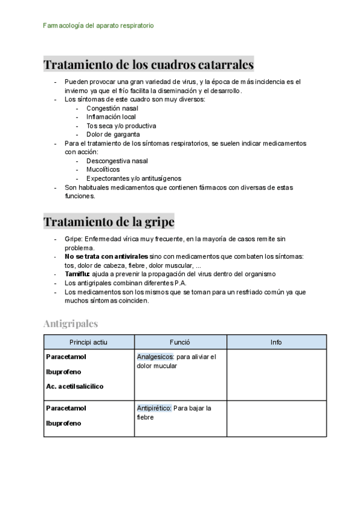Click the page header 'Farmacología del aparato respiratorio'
click(x=99, y=26)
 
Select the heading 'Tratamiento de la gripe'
click(x=109, y=221)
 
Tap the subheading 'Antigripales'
click(x=70, y=324)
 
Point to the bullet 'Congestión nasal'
click(x=112, y=108)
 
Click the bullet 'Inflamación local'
click(x=111, y=117)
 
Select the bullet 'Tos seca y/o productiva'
click(x=121, y=126)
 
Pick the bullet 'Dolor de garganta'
click(x=113, y=134)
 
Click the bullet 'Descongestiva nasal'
click(x=117, y=161)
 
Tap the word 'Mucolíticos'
click(x=103, y=170)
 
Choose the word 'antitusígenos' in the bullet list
click(x=160, y=178)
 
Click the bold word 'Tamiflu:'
click(x=77, y=274)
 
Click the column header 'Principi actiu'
click(x=89, y=342)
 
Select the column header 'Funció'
click(x=180, y=342)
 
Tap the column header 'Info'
click(x=276, y=342)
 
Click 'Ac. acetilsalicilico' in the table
click(x=74, y=387)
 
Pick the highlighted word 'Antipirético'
click(x=154, y=408)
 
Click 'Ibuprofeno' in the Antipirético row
click(x=64, y=423)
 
